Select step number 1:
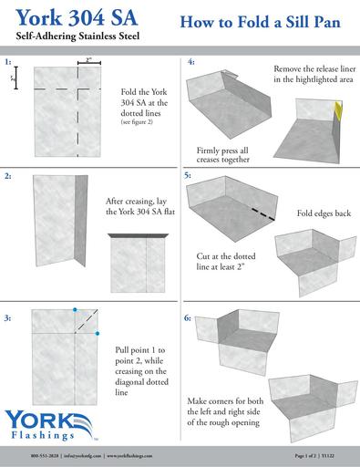8,63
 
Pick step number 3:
8,317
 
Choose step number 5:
188,173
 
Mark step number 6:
188,319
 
